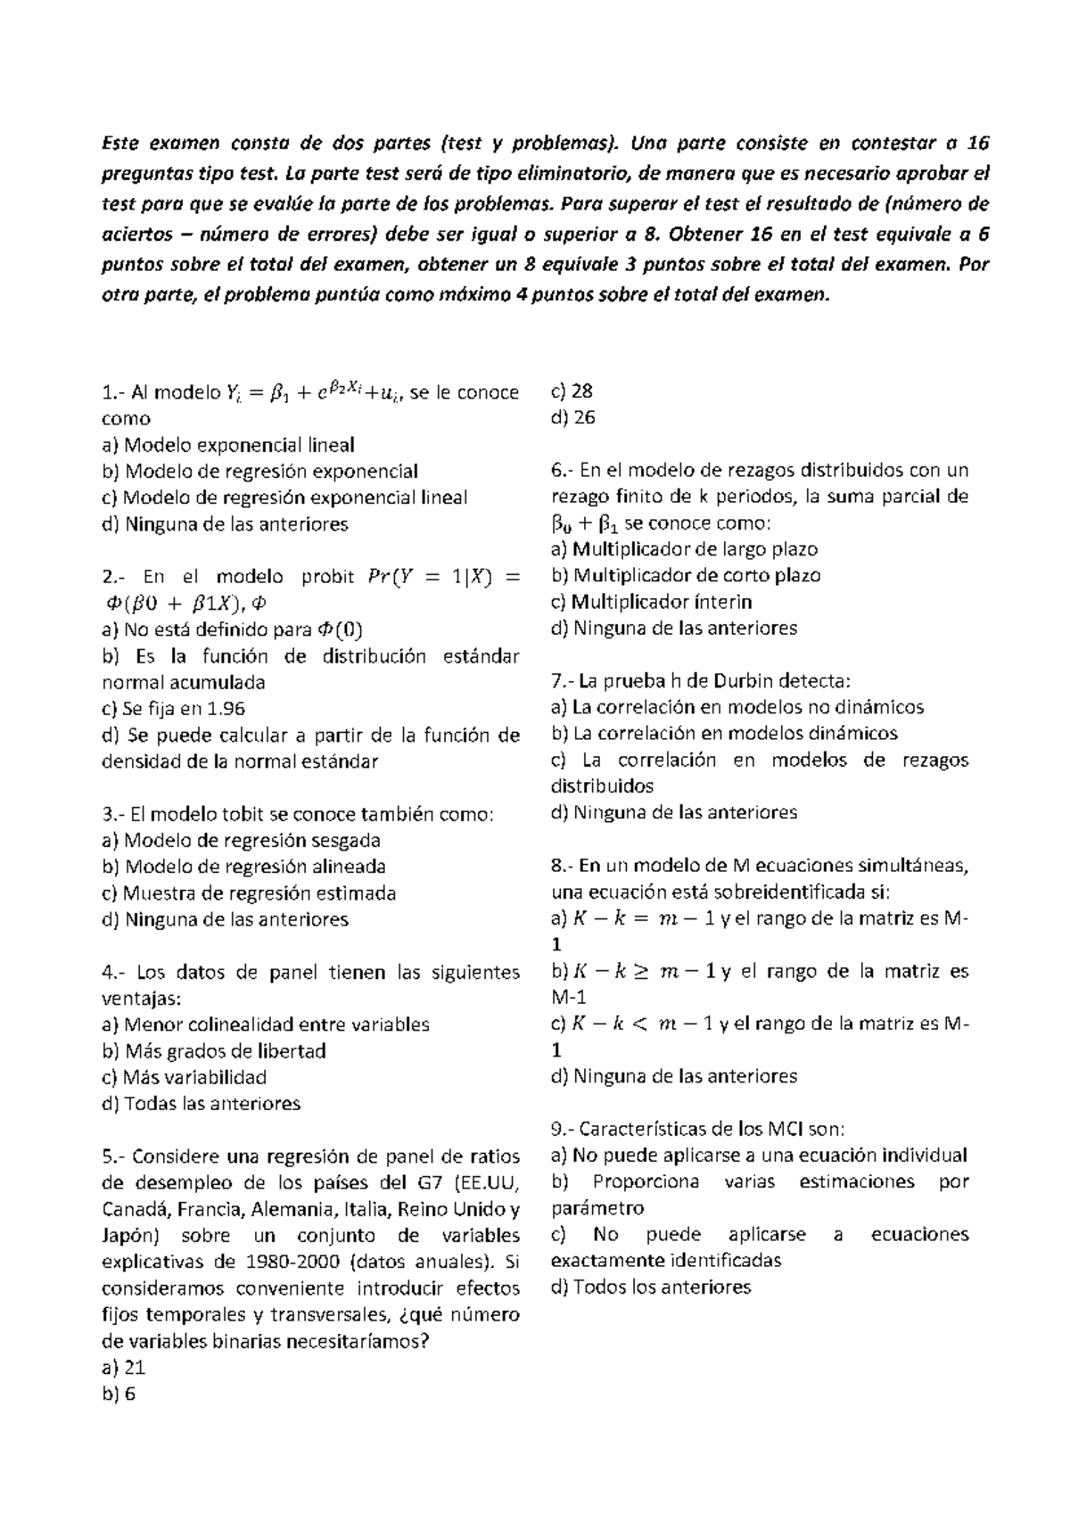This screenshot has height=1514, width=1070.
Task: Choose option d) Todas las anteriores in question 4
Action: pos(202,1104)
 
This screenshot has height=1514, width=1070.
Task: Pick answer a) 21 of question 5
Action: pos(124,1368)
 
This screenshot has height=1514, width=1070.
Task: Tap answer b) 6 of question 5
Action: pos(119,1395)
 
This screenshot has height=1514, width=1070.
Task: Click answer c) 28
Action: pos(573,391)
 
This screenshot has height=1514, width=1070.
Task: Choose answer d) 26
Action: pos(573,417)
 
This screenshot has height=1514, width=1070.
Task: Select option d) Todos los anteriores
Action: pos(652,1287)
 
